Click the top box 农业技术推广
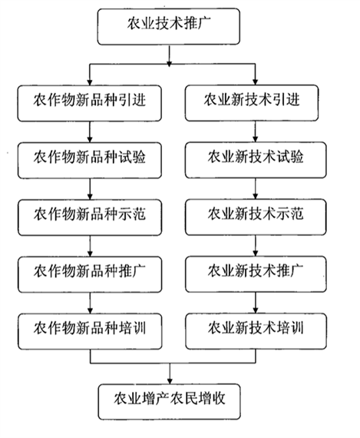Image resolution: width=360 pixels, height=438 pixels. [169, 27]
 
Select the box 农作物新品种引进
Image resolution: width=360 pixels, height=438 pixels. [90, 104]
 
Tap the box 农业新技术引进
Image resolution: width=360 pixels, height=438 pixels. [252, 103]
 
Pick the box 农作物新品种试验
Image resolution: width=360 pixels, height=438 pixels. [90, 161]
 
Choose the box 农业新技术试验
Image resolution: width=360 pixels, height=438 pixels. [256, 160]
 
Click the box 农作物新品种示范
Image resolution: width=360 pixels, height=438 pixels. [90, 217]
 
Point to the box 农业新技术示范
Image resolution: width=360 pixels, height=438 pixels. [256, 217]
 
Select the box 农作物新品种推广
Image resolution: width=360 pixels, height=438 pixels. [90, 274]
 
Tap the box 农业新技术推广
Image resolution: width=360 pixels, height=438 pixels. [256, 274]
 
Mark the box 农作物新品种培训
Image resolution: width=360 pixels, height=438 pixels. [90, 331]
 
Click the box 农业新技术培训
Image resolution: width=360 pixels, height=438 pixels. [256, 331]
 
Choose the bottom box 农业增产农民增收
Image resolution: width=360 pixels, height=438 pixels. [170, 402]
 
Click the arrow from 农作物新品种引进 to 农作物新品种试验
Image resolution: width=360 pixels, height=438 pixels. [90, 132]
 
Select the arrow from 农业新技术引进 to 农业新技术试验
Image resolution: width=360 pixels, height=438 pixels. [255, 131]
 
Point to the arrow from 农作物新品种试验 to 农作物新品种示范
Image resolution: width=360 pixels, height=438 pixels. [90, 189]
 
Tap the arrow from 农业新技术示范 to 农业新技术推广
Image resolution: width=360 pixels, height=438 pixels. [256, 246]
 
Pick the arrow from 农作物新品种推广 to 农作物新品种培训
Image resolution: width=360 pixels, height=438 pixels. [90, 303]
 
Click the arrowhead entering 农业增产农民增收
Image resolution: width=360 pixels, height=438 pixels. [170, 381]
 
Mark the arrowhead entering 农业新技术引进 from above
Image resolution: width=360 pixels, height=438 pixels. [255, 82]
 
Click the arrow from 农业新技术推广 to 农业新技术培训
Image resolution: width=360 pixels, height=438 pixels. [256, 303]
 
